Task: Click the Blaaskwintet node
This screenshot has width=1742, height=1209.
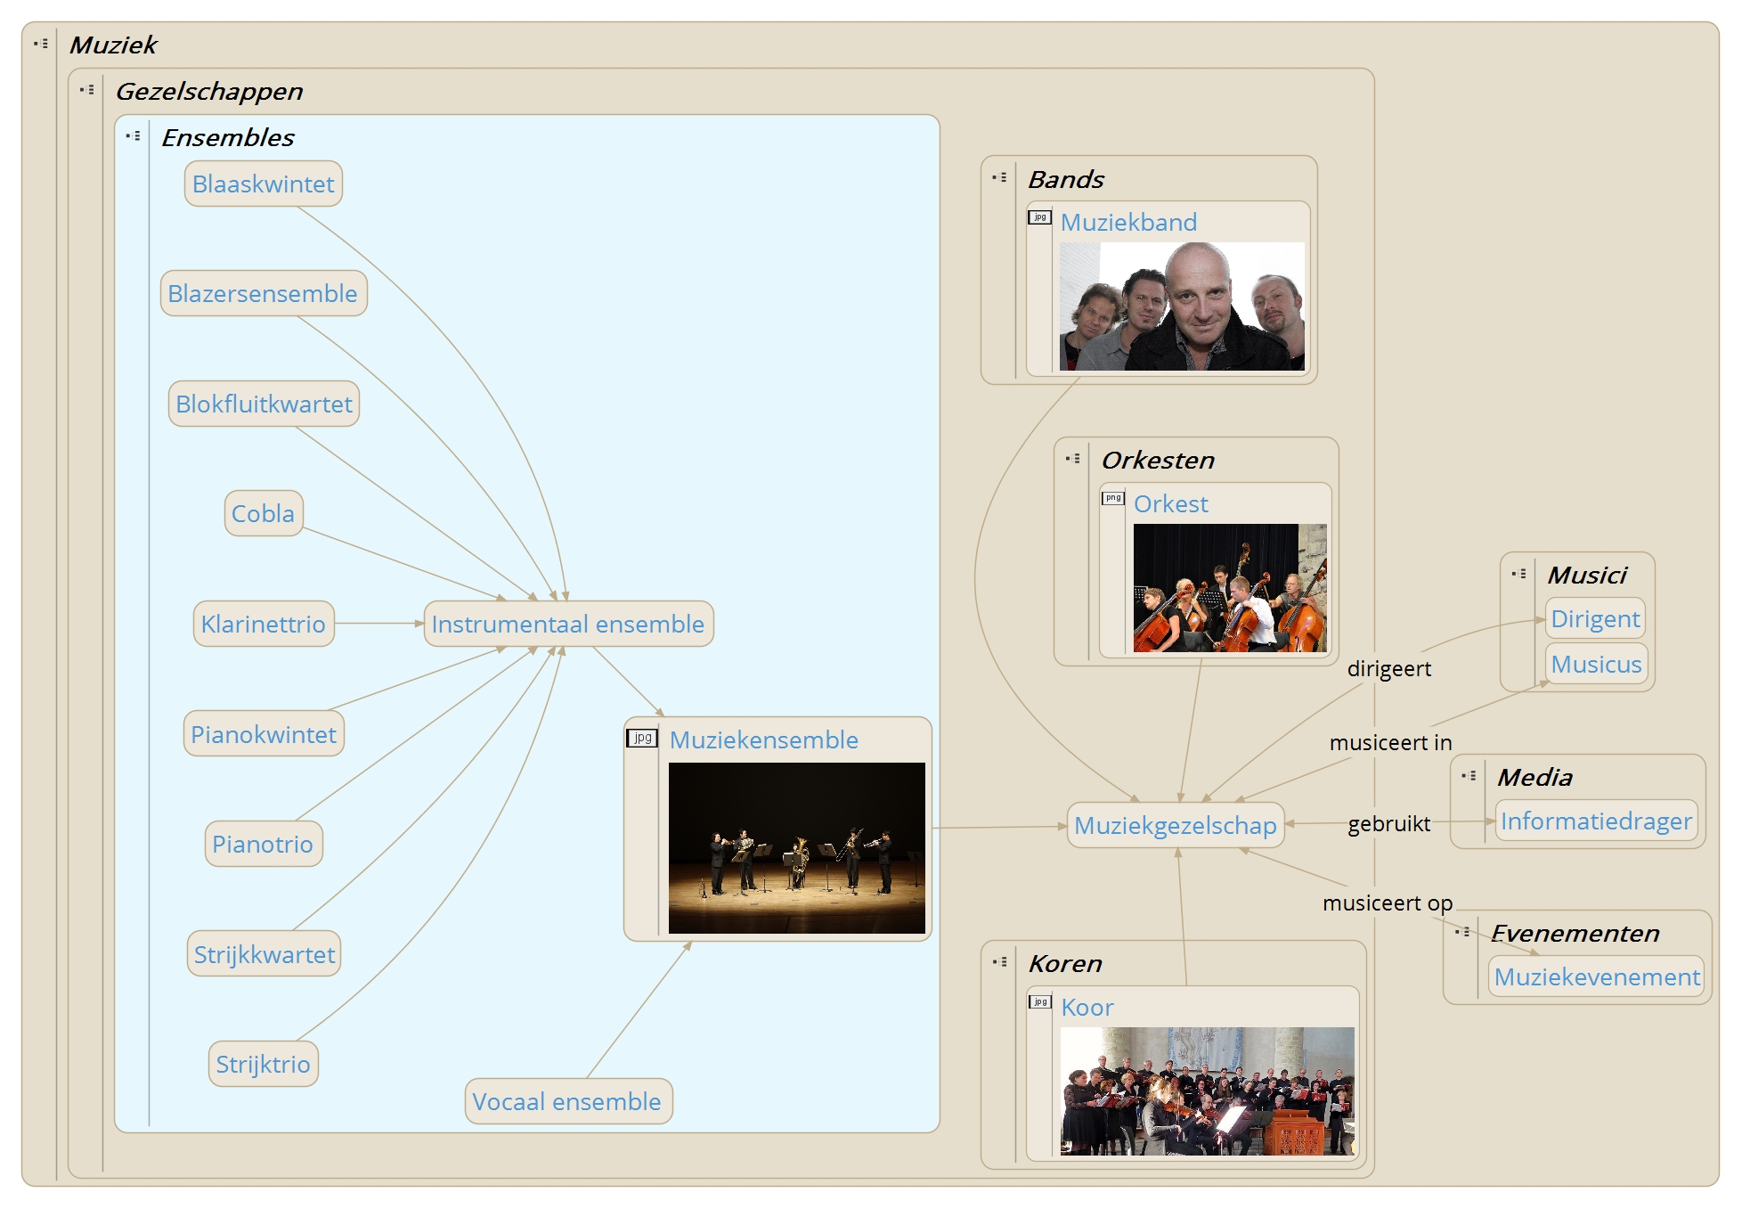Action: coord(263,184)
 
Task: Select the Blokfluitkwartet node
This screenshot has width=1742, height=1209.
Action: coord(264,404)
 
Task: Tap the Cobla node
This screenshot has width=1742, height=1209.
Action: coord(263,514)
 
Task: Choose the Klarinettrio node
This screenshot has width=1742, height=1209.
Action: coord(263,625)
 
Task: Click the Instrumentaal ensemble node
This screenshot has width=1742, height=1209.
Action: coord(567,625)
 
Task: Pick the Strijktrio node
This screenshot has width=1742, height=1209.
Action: coord(263,1065)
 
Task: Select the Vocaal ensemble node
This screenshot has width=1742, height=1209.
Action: coord(566,1102)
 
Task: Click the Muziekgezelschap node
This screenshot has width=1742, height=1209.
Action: coord(1175,826)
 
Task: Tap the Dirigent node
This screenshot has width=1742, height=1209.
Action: coord(1594,619)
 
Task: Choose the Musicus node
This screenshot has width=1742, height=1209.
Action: coord(1595,665)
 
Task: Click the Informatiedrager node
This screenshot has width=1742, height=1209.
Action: coord(1595,821)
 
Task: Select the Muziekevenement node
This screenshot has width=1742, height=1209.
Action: coord(1596,977)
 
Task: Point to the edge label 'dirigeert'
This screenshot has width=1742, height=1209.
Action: coord(1388,669)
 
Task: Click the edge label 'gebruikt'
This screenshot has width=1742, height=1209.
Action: coord(1388,824)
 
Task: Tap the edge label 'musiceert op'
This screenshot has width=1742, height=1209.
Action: coord(1387,903)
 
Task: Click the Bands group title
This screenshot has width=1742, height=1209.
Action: coord(1065,180)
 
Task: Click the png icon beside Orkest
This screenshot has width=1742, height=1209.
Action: coord(1112,498)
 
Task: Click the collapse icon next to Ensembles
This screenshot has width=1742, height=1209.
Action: coord(133,136)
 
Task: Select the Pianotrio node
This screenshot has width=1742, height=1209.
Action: coord(263,845)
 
